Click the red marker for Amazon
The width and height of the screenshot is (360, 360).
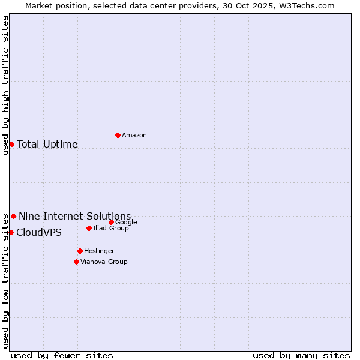(118, 135)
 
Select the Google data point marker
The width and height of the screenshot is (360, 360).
(111, 222)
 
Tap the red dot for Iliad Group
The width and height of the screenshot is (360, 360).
(89, 228)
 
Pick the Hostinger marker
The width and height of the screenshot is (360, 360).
(80, 251)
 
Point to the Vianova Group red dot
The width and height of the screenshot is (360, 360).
(76, 262)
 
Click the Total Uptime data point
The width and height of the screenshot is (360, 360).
(11, 144)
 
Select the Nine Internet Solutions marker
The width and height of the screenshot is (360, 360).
(13, 216)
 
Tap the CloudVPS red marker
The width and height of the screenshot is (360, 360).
(11, 232)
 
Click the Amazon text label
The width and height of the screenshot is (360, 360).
(134, 136)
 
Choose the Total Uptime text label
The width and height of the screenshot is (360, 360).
(47, 144)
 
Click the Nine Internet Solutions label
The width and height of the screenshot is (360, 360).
(75, 216)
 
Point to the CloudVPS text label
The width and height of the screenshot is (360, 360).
(39, 232)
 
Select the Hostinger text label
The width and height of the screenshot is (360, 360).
(99, 251)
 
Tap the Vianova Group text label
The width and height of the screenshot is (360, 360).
(104, 262)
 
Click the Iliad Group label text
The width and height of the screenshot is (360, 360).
(111, 229)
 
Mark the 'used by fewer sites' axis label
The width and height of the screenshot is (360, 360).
(62, 355)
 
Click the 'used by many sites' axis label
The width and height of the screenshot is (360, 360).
(301, 355)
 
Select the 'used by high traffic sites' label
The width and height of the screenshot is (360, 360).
(5, 85)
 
